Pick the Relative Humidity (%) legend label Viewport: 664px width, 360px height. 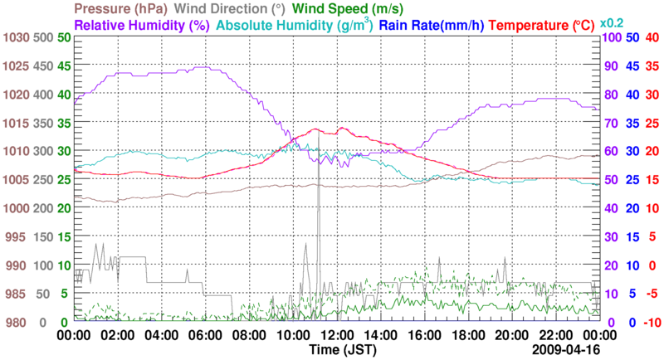[x=141, y=26]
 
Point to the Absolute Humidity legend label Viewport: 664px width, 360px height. [x=295, y=26]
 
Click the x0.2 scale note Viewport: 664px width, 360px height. [x=613, y=22]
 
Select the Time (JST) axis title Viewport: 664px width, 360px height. [x=335, y=350]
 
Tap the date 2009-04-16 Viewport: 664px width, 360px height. [x=568, y=350]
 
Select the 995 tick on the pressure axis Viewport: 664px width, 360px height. [x=17, y=237]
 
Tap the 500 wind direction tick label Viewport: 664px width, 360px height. [x=43, y=38]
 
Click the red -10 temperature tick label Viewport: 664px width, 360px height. [x=651, y=323]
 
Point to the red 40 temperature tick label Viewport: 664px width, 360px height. [x=652, y=38]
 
